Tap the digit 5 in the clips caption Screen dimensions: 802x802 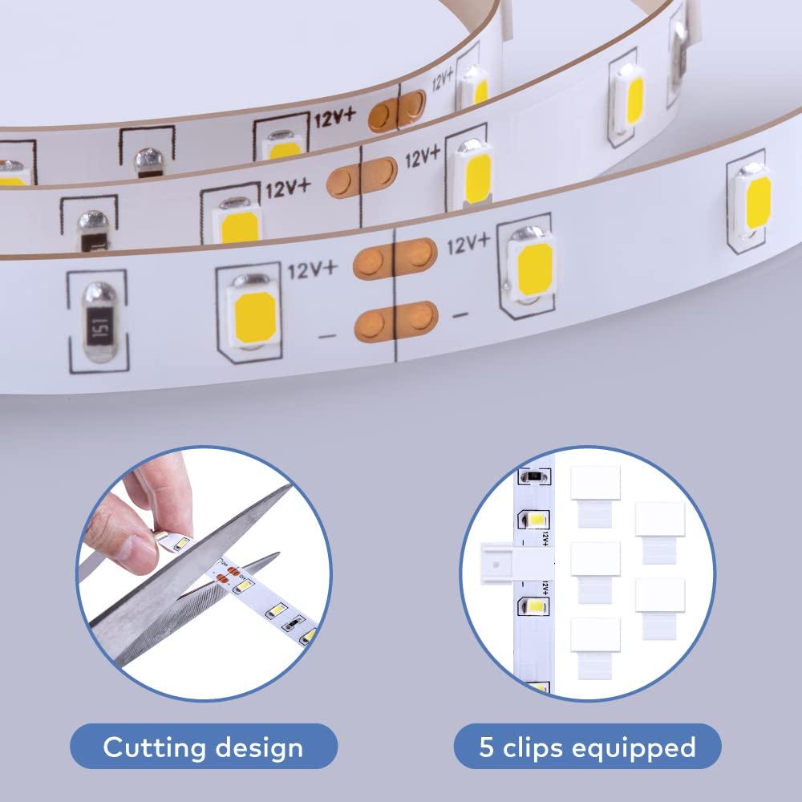tap(487, 747)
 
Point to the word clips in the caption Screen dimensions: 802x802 tap(541, 747)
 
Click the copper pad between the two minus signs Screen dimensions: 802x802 tap(395, 321)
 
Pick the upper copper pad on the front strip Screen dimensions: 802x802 tap(395, 255)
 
